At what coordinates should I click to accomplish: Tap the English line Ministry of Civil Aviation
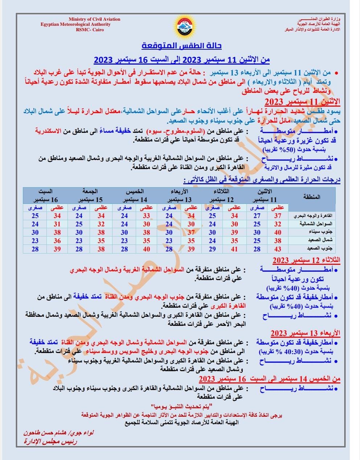pos(94,19)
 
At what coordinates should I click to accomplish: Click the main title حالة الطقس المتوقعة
pos(181,46)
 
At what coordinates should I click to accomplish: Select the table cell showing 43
pos(278,249)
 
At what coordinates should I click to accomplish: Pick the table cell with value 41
pos(234,249)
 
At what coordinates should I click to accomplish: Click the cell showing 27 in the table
pos(257,215)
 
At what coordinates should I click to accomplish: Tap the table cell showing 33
pos(147,215)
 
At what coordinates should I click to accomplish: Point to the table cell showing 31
pos(57,224)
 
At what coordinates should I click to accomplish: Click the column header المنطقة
pos(311,197)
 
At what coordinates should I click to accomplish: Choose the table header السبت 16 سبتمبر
pos(46,196)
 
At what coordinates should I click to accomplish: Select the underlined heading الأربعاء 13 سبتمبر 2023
pos(305,333)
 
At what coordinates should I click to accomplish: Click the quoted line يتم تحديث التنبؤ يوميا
pos(181,405)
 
